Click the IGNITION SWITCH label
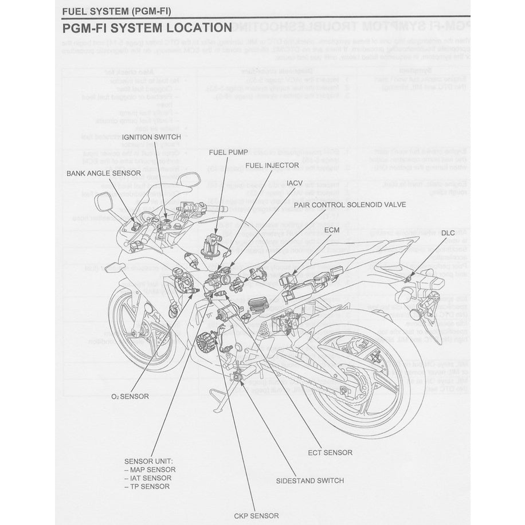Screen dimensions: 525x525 (151, 137)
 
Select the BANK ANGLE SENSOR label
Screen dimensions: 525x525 (103, 173)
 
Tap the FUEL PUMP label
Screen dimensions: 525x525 (228, 152)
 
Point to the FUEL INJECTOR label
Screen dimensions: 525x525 (272, 166)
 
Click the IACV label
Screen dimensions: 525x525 (295, 183)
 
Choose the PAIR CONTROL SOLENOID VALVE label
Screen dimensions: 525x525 (350, 204)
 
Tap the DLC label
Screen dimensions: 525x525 (448, 233)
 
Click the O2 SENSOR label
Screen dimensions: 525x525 (130, 396)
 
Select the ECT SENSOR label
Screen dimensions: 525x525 (330, 452)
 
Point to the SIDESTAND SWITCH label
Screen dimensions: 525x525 (309, 480)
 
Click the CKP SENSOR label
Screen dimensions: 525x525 (256, 516)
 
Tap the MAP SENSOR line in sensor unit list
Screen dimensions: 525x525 (150, 469)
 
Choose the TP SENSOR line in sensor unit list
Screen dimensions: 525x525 (147, 487)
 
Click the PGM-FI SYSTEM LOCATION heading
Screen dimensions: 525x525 (146, 28)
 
